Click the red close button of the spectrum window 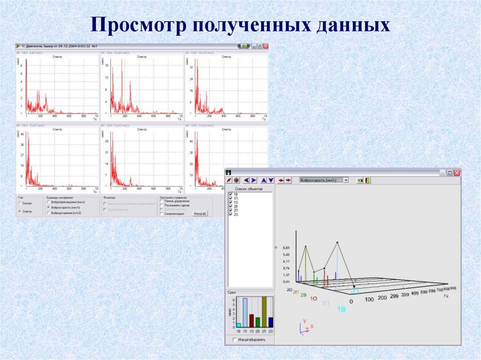(266, 46)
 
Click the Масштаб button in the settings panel (200, 214)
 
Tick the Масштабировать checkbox (234, 339)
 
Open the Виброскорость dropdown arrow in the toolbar (346, 180)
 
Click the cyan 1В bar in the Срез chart (238, 325)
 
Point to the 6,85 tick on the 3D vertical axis (286, 247)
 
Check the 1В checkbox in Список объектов (230, 194)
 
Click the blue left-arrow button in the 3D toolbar (247, 180)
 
